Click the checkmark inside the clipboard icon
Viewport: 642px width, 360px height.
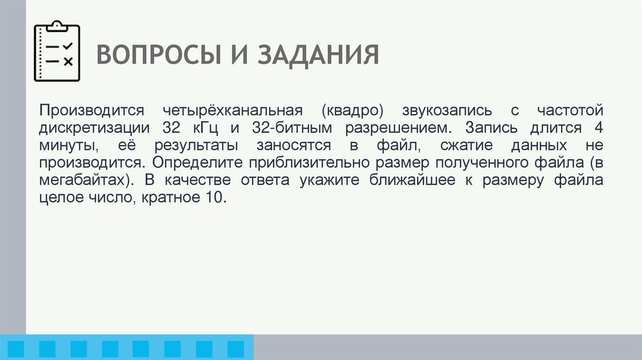click(68, 46)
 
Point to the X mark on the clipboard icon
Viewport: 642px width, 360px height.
click(68, 61)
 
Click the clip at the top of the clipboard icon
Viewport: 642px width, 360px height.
click(57, 26)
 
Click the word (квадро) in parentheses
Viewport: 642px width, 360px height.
click(353, 110)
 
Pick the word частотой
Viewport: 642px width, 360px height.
click(569, 110)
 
